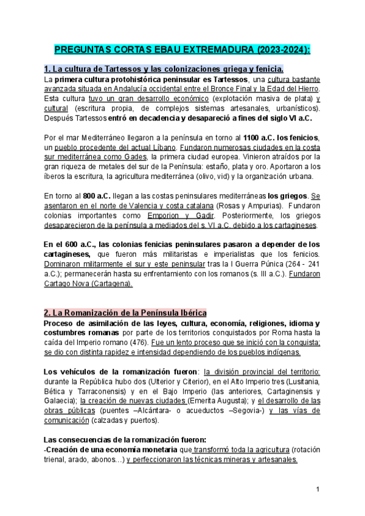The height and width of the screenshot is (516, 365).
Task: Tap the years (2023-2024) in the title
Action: (282, 49)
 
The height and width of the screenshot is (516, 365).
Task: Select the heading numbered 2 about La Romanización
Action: (125, 313)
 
